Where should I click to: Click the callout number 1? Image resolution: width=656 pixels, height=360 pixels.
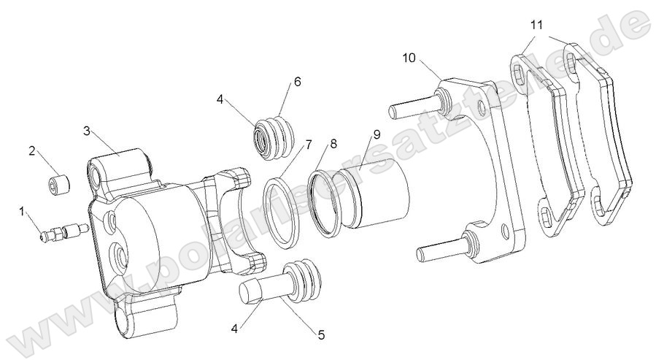[22, 211]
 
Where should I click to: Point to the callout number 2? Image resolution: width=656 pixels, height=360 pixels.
[32, 151]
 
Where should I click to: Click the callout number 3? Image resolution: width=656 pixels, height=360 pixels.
[86, 131]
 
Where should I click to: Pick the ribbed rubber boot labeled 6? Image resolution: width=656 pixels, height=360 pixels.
[274, 136]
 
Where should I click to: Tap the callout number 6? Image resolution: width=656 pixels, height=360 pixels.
[297, 82]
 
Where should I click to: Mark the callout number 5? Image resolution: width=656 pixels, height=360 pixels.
[320, 336]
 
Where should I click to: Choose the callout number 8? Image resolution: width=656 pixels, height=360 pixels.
[333, 144]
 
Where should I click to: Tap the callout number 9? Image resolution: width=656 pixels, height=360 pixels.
[377, 134]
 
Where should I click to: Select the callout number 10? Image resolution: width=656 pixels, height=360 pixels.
[407, 58]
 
